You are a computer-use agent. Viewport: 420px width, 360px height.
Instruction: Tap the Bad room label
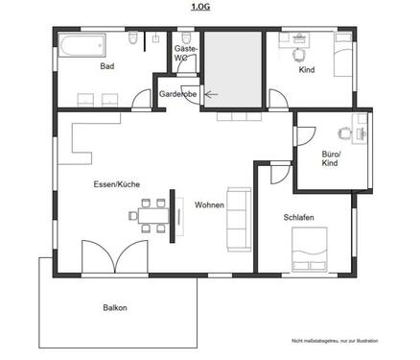pyautogui.click(x=107, y=67)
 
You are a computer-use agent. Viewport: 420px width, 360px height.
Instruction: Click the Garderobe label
pyautogui.click(x=178, y=94)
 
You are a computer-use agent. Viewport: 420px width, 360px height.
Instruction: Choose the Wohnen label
pyautogui.click(x=209, y=205)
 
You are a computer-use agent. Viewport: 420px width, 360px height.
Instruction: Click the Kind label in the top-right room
pyautogui.click(x=307, y=70)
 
